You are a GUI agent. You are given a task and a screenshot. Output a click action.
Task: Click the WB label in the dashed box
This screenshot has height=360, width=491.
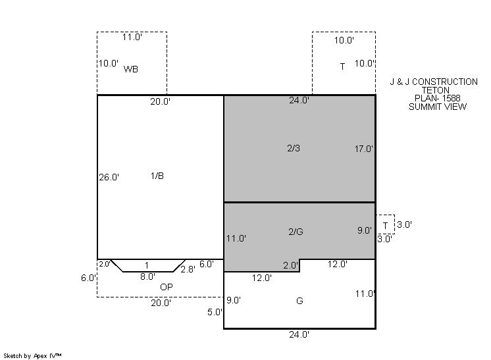pos(130,69)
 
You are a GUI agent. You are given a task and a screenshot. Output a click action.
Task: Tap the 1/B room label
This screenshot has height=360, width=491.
pos(157,176)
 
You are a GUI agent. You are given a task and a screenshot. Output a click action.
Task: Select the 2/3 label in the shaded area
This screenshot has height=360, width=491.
pos(294,148)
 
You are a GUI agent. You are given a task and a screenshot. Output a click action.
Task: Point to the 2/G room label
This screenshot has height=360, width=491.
pos(296,232)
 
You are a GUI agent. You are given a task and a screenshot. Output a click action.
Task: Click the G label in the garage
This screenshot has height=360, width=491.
pos(299,301)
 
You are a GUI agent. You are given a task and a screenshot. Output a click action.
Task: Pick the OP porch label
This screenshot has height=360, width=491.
pos(167,287)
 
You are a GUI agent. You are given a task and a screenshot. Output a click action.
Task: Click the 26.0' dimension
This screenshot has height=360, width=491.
pos(109,178)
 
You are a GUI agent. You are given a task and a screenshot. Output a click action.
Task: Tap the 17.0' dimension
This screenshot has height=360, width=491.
pos(364,149)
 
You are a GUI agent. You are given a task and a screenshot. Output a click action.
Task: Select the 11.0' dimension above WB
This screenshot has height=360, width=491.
pos(132,38)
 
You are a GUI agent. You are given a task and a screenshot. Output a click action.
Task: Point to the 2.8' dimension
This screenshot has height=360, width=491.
pos(188,269)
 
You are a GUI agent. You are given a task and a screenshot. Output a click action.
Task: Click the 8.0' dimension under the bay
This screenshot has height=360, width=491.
pos(147,276)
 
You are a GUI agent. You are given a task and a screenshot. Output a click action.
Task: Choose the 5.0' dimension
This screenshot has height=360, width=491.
pos(215,312)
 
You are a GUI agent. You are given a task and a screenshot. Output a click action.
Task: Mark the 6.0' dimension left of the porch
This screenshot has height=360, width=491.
pos(89,278)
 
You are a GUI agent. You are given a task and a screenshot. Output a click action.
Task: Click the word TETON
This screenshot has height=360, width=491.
pos(435,90)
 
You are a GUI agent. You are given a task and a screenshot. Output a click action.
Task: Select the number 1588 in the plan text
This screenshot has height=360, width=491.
pos(452,98)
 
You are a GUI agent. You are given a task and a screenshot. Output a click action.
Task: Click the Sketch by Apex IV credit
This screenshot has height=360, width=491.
pos(32,356)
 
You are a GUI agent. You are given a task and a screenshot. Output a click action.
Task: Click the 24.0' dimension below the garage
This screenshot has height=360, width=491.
pos(299,334)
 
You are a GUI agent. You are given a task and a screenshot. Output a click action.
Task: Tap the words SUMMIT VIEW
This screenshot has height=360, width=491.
pos(438,107)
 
